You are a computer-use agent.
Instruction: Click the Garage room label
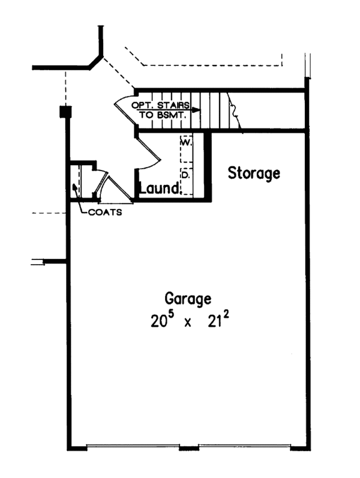pyautogui.click(x=188, y=298)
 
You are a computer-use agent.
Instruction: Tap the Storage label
pyautogui.click(x=254, y=174)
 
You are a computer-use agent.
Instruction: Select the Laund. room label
pyautogui.click(x=160, y=189)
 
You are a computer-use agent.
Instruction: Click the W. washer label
pyautogui.click(x=185, y=144)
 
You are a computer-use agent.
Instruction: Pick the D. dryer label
pyautogui.click(x=185, y=175)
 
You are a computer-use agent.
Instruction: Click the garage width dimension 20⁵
pyautogui.click(x=162, y=319)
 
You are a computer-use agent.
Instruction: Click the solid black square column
pyautogui.click(x=65, y=112)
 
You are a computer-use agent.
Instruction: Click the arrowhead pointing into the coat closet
pyautogui.click(x=74, y=187)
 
